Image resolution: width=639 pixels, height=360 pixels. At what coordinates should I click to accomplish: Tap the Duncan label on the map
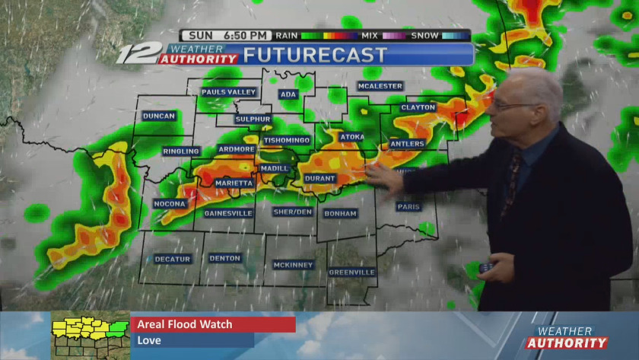[159, 116]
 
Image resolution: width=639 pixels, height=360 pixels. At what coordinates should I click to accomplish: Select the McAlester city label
[380, 87]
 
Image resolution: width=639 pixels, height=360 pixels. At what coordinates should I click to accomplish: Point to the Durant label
[319, 179]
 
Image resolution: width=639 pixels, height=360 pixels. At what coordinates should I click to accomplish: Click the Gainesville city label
[228, 214]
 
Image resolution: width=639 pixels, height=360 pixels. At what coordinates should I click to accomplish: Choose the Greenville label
[352, 272]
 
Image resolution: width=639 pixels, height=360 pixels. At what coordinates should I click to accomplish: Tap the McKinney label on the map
[293, 265]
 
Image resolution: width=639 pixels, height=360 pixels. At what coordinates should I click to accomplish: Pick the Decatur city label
[173, 260]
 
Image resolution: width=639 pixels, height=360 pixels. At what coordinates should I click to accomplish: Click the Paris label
[409, 207]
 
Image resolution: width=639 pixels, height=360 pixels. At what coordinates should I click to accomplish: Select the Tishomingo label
[287, 141]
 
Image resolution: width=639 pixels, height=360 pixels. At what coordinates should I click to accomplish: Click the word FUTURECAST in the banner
[315, 56]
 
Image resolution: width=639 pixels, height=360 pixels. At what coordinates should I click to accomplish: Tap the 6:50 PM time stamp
[246, 35]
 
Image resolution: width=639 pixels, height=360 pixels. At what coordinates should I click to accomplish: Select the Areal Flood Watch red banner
[213, 325]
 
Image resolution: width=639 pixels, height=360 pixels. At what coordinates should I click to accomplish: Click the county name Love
[149, 341]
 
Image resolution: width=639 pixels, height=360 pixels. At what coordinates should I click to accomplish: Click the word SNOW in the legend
[424, 35]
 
